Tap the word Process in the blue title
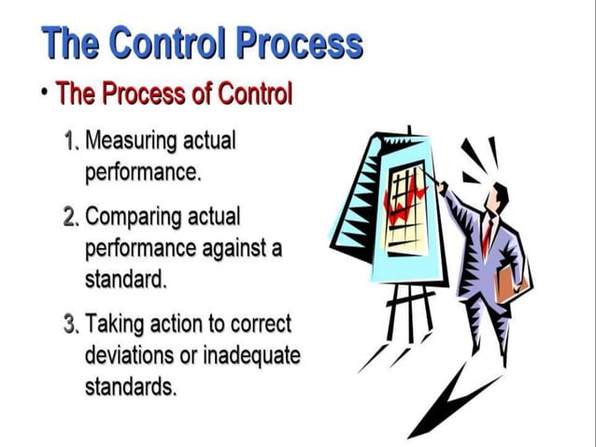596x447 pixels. [298, 44]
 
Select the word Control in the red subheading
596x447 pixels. [255, 95]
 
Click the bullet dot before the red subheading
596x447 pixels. [44, 94]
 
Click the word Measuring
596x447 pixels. [131, 143]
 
